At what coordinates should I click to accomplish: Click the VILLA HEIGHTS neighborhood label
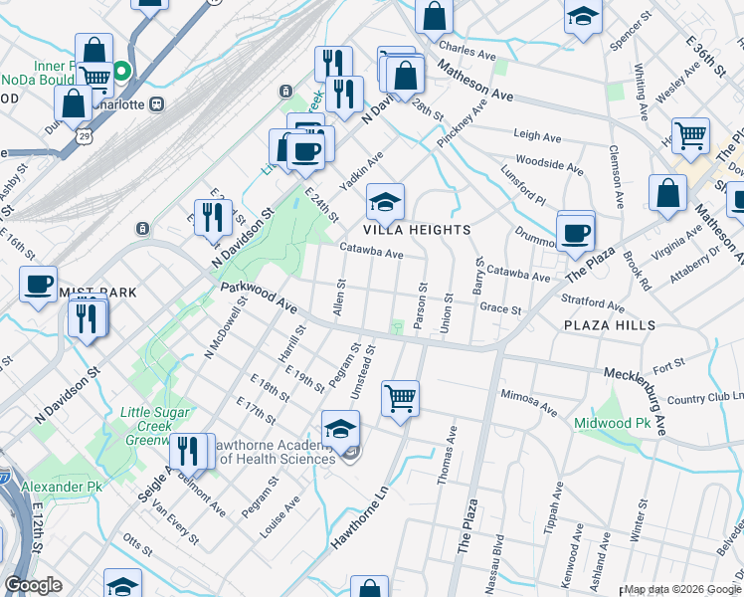pos(417,229)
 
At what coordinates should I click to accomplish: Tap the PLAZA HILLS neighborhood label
pos(609,325)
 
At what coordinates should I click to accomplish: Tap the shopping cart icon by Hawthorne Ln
pos(400,398)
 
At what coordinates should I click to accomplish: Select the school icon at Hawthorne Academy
pos(340,429)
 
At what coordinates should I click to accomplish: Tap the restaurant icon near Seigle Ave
pos(186,451)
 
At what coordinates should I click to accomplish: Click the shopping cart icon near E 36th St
pos(689,134)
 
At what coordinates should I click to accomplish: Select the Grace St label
pos(500,309)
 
